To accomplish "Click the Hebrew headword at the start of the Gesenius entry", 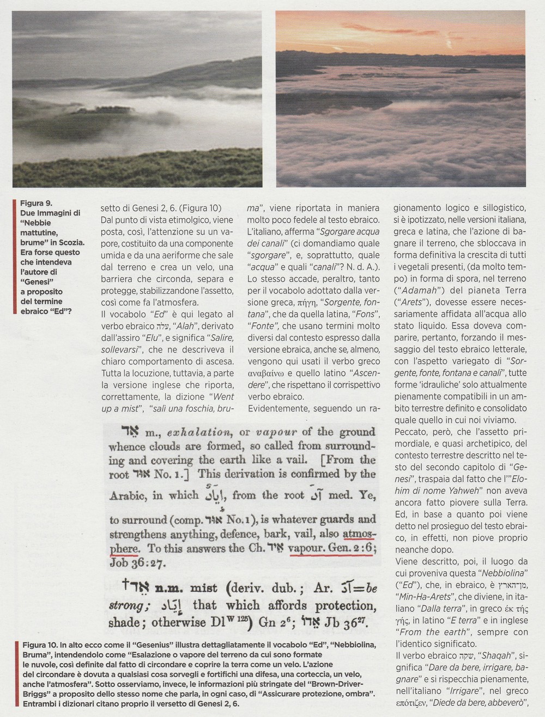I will click(x=123, y=432).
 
